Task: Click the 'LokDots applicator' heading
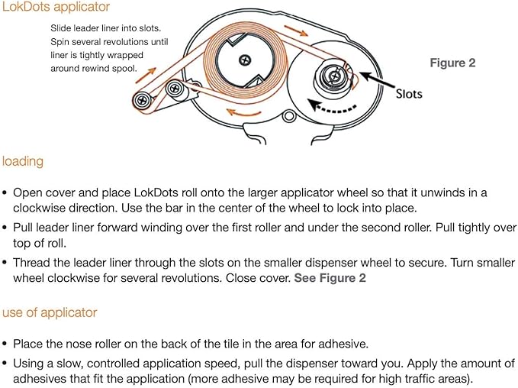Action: click(x=56, y=7)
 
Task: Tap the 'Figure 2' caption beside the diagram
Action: click(x=452, y=63)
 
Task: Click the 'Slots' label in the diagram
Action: click(x=409, y=94)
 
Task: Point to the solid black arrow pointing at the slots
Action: click(x=378, y=80)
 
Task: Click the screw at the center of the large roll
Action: click(x=245, y=60)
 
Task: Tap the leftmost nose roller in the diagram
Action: click(x=142, y=100)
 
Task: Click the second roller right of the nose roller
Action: click(x=174, y=89)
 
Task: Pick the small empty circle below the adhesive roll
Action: click(x=289, y=115)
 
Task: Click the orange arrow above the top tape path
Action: click(x=296, y=31)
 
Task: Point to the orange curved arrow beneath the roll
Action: click(x=243, y=112)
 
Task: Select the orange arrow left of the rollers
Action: click(x=146, y=75)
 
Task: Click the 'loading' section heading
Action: click(x=23, y=162)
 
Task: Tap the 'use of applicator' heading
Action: click(x=50, y=312)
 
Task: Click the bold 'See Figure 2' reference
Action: click(x=330, y=278)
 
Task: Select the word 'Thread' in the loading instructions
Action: click(x=32, y=263)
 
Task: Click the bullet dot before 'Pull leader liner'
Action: click(x=5, y=228)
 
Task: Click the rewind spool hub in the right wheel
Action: click(x=333, y=76)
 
